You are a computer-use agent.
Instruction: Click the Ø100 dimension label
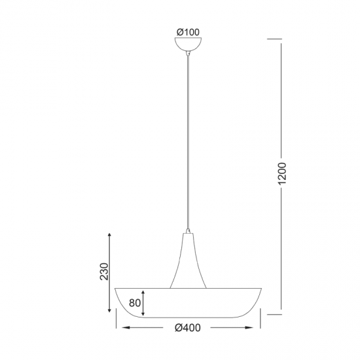click(188, 31)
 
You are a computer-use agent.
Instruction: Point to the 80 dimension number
click(134, 302)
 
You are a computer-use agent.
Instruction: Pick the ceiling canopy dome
click(188, 45)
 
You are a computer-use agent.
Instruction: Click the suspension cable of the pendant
click(188, 144)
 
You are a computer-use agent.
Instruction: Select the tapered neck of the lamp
click(188, 265)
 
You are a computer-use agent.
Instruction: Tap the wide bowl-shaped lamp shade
click(188, 304)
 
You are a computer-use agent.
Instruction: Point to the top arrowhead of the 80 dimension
click(144, 291)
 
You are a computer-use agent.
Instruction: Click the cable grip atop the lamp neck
click(188, 231)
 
